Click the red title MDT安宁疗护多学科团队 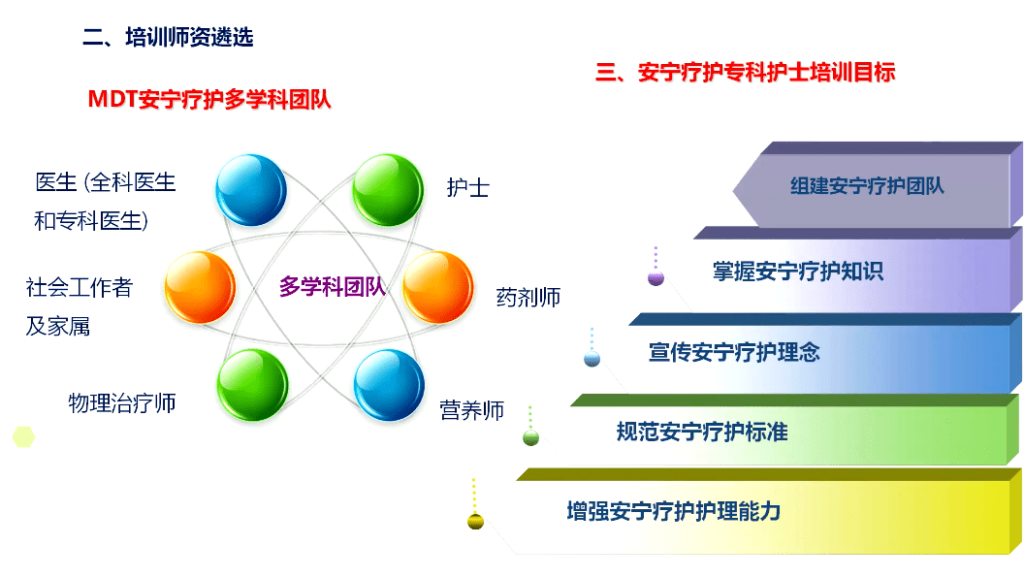[209, 99]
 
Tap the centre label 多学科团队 [333, 287]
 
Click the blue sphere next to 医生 [250, 189]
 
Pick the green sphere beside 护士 [387, 189]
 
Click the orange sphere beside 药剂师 [437, 287]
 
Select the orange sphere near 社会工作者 [200, 287]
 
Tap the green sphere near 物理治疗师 [252, 384]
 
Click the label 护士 [467, 188]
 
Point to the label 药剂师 [528, 297]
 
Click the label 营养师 [472, 410]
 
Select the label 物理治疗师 [122, 402]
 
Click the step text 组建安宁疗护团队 [867, 185]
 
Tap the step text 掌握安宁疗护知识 [798, 272]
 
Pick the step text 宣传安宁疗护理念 [734, 352]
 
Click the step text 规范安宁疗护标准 [702, 432]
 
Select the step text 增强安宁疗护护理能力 [673, 511]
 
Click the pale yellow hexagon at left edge [23, 436]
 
